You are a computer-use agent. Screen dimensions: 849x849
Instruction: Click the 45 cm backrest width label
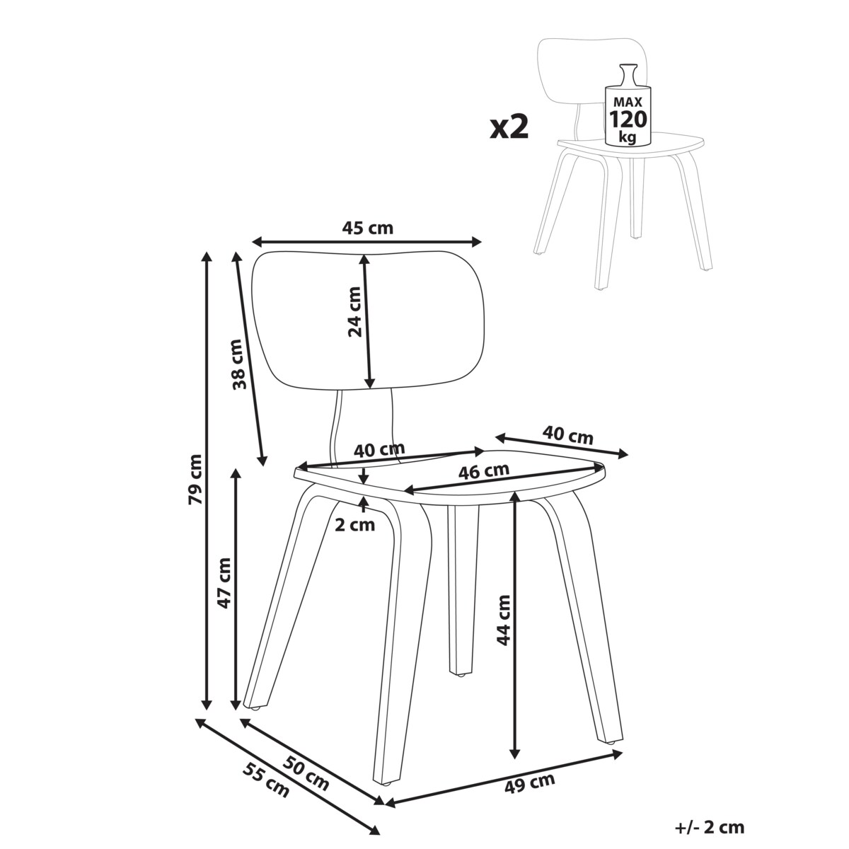367,228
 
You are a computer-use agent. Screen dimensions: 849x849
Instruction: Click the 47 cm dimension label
224,582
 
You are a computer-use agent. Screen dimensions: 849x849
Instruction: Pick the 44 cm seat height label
503,620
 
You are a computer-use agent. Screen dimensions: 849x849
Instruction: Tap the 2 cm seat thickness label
355,525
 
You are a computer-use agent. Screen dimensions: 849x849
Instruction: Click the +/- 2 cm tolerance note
710,827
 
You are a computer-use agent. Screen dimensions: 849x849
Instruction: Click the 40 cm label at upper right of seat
567,435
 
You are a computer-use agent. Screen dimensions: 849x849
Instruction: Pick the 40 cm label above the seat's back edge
379,449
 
